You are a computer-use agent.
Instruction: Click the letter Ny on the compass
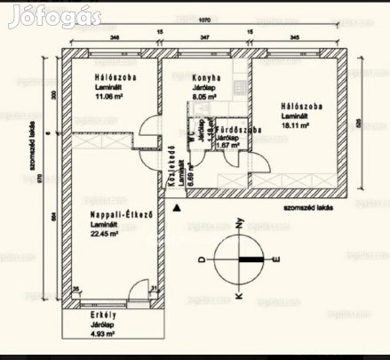[239, 226]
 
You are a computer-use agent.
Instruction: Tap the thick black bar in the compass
[251, 260]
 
